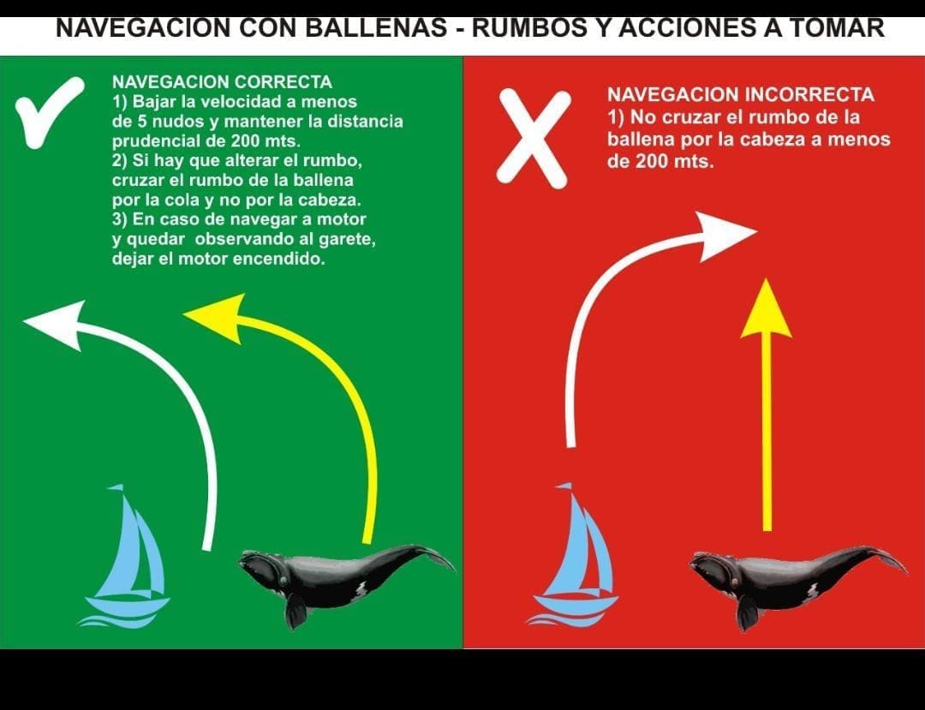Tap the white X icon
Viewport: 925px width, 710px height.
coord(534,139)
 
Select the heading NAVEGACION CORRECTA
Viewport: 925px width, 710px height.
coord(222,82)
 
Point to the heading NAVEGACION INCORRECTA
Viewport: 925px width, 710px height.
coord(740,94)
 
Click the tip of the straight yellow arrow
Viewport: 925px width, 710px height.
coord(766,279)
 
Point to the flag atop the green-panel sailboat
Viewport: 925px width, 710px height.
coord(115,487)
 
